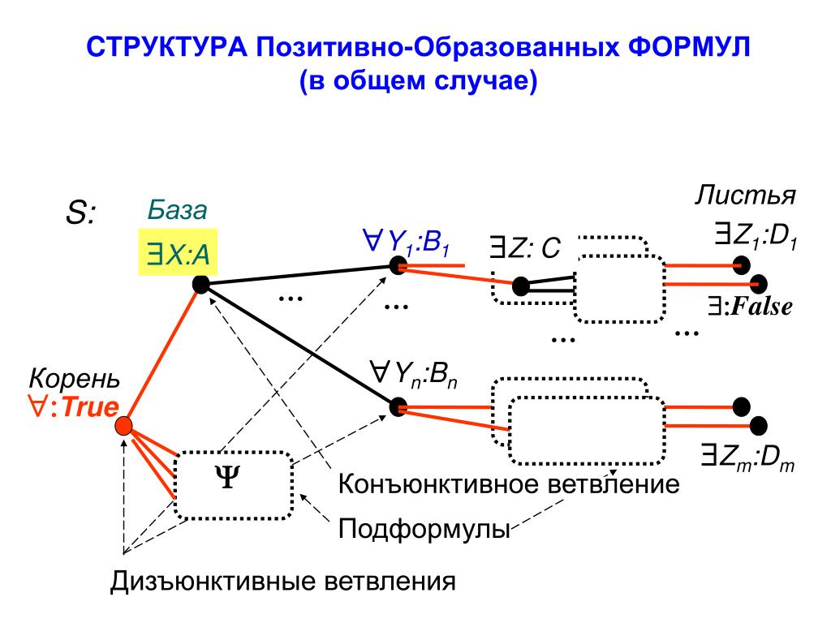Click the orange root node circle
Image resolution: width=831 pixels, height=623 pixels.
tap(123, 425)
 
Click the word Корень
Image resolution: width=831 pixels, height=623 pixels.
tap(75, 379)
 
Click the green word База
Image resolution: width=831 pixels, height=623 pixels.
tap(177, 211)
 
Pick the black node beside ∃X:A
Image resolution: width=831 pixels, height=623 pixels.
tap(200, 284)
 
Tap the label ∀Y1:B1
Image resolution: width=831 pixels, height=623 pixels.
tap(407, 242)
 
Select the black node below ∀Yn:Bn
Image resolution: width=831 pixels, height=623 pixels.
tap(397, 406)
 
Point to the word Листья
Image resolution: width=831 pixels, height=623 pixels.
tap(745, 197)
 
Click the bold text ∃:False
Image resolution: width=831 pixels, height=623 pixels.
tap(748, 306)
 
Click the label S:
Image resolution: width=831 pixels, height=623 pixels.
tap(80, 215)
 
